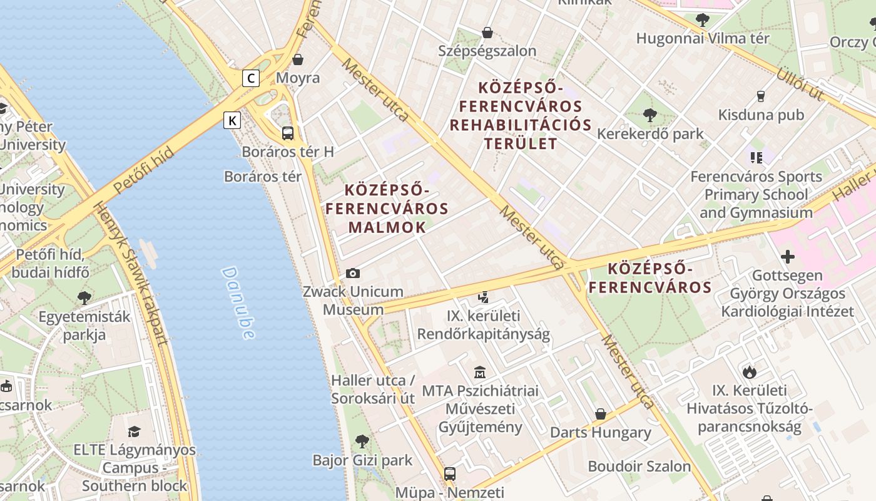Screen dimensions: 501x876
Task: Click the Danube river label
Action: (x=238, y=303)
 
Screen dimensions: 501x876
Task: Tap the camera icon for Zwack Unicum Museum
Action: (x=353, y=273)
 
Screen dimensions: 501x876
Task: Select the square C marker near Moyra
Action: (x=251, y=78)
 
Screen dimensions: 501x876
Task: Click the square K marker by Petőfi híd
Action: (x=232, y=120)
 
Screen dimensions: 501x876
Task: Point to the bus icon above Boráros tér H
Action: (x=288, y=133)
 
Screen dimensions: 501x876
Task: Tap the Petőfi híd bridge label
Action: (x=144, y=171)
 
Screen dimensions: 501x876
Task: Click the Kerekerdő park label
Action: (x=650, y=134)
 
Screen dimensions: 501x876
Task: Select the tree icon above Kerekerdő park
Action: (x=650, y=115)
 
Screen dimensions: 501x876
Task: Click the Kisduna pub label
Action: (x=761, y=115)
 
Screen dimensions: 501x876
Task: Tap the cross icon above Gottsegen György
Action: (x=788, y=257)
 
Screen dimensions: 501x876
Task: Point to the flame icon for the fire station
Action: (x=750, y=372)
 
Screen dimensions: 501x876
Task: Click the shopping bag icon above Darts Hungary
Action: (x=601, y=414)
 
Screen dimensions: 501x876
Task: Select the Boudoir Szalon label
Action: (x=639, y=467)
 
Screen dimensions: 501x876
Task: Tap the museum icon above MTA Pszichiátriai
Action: (x=480, y=373)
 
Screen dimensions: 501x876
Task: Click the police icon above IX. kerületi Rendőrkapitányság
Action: (x=483, y=297)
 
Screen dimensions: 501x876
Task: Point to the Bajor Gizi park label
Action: (x=362, y=460)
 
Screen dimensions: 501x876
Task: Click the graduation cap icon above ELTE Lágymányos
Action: (x=134, y=431)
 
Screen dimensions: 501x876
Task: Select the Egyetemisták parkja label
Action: (x=84, y=325)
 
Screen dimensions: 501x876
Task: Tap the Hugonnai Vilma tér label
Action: (x=703, y=38)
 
